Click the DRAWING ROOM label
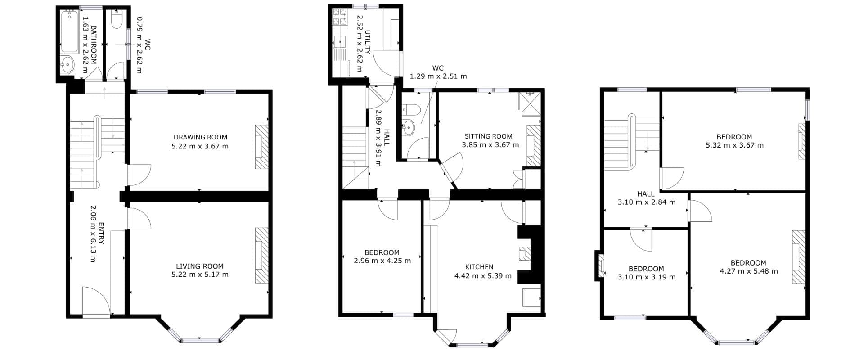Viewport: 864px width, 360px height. [x=200, y=137]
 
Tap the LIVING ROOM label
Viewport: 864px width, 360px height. [x=200, y=266]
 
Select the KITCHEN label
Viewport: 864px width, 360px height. [x=479, y=267]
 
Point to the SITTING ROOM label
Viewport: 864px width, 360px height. [x=488, y=136]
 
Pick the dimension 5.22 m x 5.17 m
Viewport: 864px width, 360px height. [x=200, y=274]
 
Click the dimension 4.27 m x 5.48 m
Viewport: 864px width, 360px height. [x=749, y=271]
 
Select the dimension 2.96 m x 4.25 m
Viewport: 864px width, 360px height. [x=382, y=261]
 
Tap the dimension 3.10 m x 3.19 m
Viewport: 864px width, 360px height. [x=647, y=277]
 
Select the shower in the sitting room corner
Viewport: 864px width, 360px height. [x=529, y=104]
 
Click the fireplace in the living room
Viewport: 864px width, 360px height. [x=261, y=255]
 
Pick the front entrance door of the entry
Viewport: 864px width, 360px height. [x=96, y=301]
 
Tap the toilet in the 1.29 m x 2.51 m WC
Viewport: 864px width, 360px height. [x=411, y=109]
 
